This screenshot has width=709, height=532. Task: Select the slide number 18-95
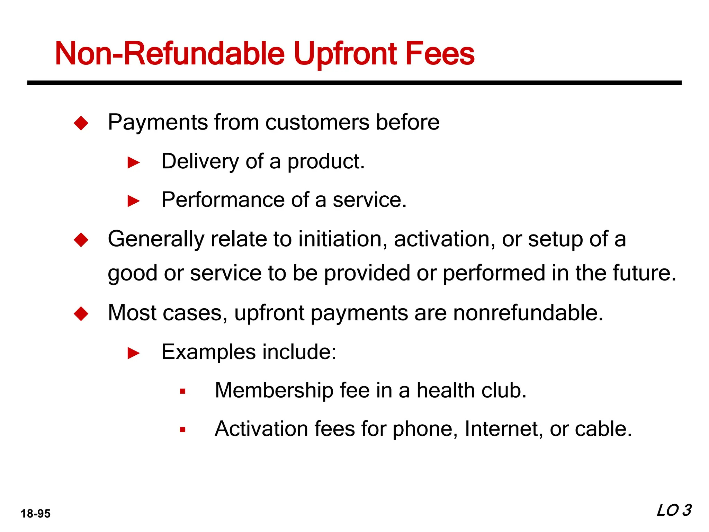35,513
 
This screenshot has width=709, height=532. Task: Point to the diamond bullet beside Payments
81,123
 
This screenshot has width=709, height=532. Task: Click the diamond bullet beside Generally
81,240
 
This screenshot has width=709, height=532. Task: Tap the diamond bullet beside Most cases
81,314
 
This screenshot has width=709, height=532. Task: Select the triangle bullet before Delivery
134,162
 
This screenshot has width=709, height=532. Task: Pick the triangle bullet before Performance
134,201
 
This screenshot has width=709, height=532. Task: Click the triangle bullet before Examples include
134,353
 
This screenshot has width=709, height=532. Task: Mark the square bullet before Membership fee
183,392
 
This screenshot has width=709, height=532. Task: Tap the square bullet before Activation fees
183,430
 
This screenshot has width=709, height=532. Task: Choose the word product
326,162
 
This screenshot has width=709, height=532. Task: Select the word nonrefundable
528,313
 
